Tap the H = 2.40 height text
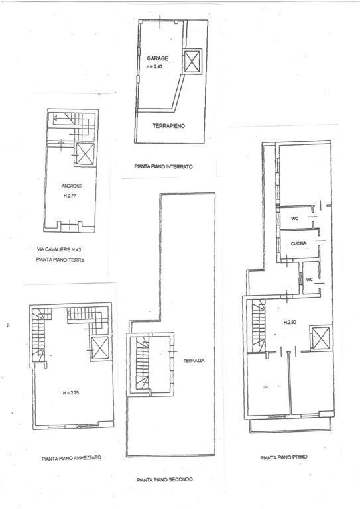click(156, 66)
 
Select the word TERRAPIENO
click(166, 125)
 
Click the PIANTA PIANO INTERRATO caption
click(162, 167)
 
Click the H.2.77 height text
click(71, 196)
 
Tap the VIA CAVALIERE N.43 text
click(64, 249)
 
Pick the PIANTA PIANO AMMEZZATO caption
click(71, 457)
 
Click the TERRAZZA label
click(194, 361)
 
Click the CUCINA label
click(298, 245)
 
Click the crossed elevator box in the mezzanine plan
click(101, 347)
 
